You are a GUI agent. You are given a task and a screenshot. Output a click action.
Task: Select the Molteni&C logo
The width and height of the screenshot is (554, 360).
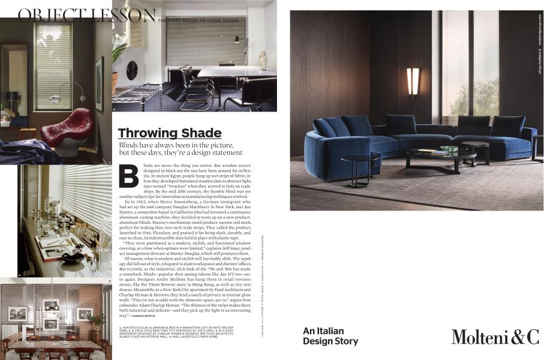tap(495, 337)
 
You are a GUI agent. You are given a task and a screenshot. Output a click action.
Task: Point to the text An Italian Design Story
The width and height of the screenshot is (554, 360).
tap(330, 336)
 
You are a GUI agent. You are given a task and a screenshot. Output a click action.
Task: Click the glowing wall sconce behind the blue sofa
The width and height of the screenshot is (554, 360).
tap(413, 82)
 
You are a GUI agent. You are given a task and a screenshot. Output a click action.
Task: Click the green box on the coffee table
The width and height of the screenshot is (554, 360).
tap(448, 148)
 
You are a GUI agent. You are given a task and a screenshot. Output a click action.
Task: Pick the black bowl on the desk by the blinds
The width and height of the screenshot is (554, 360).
tap(73, 257)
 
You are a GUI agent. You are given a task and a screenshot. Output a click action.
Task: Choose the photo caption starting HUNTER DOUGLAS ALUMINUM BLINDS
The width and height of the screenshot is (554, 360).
tap(157, 331)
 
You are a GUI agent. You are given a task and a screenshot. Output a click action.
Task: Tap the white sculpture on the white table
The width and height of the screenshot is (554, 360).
tap(263, 59)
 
